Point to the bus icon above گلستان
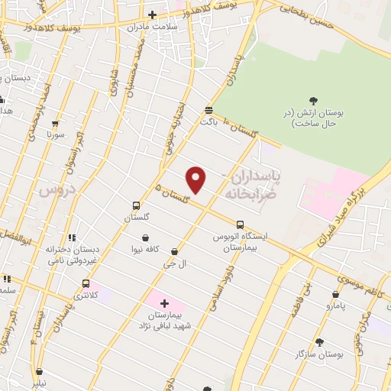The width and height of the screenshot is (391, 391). click(x=136, y=205)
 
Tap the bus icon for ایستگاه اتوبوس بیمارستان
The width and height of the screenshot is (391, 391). click(x=241, y=225)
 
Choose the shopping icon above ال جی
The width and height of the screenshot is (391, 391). click(x=175, y=251)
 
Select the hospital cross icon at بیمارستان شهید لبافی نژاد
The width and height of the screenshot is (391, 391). click(x=164, y=303)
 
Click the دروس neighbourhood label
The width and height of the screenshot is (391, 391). click(x=58, y=187)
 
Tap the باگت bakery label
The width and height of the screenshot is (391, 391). click(x=208, y=121)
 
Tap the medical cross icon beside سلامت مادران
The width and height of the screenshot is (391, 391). click(x=152, y=15)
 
